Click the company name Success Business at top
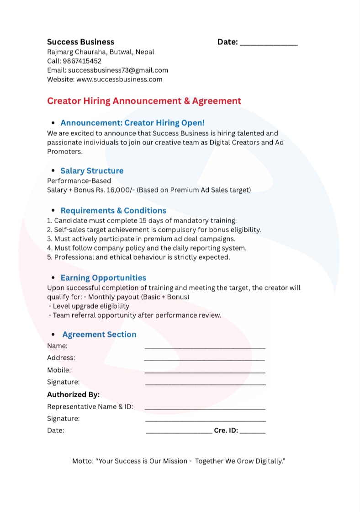(80, 42)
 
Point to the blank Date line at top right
(269, 44)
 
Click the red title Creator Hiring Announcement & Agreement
(144, 101)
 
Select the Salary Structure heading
(92, 171)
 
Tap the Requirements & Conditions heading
(113, 210)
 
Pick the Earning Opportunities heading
(103, 277)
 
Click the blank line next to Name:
(205, 348)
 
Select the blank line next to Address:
(205, 360)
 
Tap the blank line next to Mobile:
(205, 372)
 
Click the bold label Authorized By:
(73, 394)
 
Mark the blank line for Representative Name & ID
(205, 408)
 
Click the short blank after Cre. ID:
(253, 432)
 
